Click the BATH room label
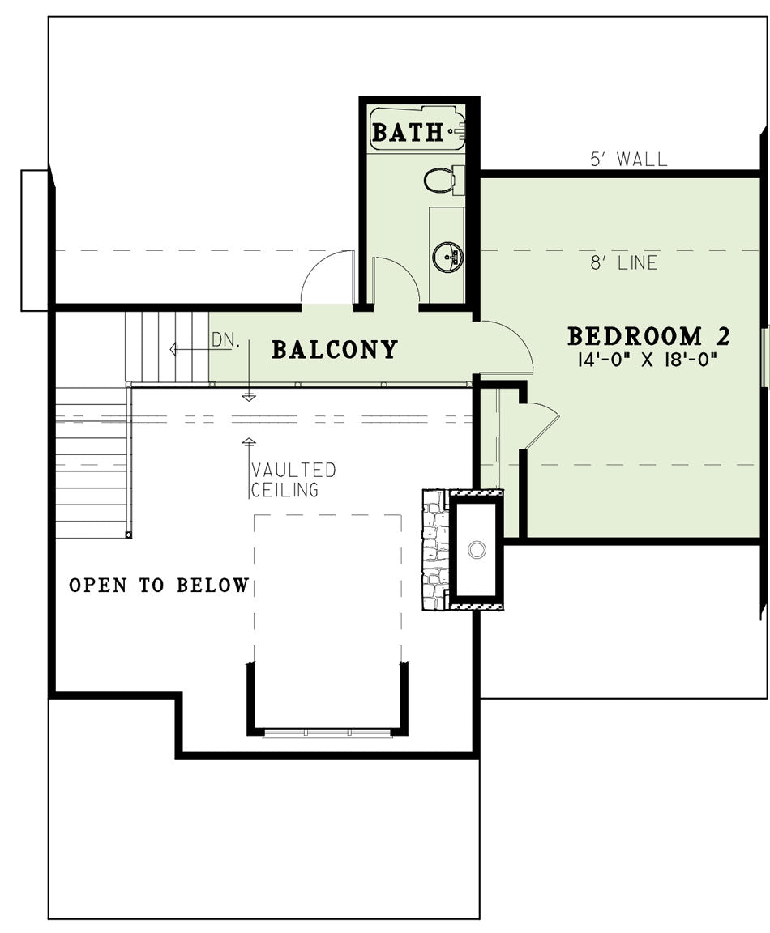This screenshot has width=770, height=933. (x=408, y=132)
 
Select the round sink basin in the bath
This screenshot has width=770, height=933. (x=447, y=257)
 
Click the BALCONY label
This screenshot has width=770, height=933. (x=335, y=349)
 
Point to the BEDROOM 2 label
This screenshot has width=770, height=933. (x=648, y=336)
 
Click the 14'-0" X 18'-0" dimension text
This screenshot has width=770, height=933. (x=646, y=360)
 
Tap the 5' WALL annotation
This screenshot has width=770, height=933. (x=629, y=159)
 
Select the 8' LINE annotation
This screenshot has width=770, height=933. (x=624, y=262)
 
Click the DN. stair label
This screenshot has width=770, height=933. (x=225, y=340)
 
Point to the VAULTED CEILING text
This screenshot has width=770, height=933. (x=293, y=479)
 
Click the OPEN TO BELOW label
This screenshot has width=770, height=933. (x=159, y=586)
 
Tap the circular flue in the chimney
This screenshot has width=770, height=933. (x=477, y=550)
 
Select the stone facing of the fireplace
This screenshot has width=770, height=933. (x=435, y=550)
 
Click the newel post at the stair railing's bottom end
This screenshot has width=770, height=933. (x=128, y=535)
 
